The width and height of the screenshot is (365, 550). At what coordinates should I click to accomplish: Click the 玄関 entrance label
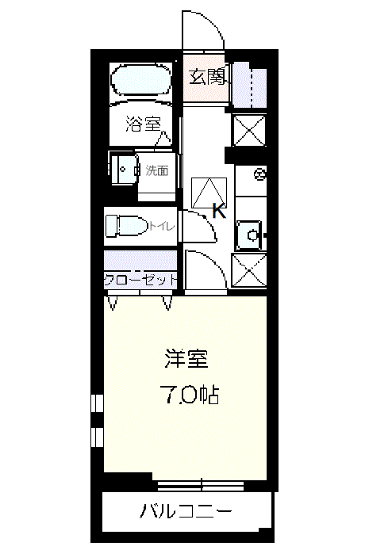(206, 77)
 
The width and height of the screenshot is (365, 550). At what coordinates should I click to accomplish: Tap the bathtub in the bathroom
(141, 79)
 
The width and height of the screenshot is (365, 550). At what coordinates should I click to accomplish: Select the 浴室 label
(143, 124)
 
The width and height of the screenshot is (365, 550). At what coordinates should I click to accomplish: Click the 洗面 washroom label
(157, 170)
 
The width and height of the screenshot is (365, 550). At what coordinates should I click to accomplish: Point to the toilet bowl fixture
(127, 225)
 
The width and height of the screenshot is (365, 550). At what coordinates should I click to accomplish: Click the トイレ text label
(162, 226)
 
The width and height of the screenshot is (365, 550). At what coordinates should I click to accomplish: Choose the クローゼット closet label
(140, 280)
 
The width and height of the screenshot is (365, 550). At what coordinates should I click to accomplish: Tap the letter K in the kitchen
(219, 211)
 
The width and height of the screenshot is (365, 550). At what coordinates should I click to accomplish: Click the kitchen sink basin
(248, 235)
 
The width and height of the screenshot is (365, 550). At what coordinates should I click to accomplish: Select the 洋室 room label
(186, 358)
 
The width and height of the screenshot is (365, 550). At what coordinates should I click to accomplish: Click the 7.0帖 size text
(190, 395)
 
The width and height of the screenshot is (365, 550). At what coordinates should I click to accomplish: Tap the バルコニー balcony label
(186, 510)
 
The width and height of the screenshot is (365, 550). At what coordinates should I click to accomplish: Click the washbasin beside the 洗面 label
(123, 169)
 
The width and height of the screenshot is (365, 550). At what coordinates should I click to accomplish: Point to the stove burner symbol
(260, 174)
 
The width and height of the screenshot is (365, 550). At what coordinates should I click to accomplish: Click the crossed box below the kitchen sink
(249, 271)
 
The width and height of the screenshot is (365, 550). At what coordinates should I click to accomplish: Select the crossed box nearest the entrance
(249, 130)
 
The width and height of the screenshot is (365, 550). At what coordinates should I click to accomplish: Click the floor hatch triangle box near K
(209, 193)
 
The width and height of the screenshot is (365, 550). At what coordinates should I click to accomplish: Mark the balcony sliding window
(200, 486)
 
